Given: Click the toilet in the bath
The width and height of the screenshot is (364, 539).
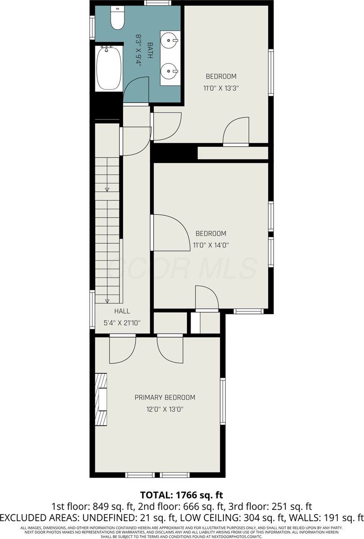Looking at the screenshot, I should (x=117, y=18).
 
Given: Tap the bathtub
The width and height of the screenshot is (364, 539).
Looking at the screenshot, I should (x=108, y=69).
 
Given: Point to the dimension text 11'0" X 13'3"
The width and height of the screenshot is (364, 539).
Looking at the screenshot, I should (x=220, y=88).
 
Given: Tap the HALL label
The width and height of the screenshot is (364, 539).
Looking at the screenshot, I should (x=122, y=311).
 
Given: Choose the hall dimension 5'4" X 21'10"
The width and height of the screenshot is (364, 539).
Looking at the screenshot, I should (x=122, y=323).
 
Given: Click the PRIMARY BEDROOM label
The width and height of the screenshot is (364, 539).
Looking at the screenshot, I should (x=165, y=398).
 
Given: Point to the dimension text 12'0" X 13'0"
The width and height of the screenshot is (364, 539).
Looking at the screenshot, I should (x=165, y=409).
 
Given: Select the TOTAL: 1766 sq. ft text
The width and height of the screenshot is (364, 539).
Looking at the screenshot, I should (x=182, y=495).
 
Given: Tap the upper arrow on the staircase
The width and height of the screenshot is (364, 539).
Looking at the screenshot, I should (x=107, y=190).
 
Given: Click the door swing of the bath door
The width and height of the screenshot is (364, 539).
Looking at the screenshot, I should (x=137, y=90).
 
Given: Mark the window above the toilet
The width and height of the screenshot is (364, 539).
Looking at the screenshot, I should (x=157, y=3).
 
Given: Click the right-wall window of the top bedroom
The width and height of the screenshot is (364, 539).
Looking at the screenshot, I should (x=271, y=72).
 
